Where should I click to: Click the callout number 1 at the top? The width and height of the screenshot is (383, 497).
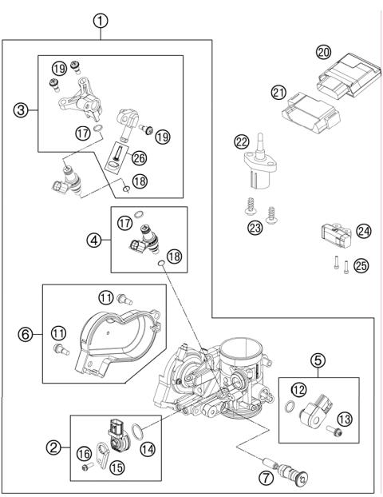coord(101,21)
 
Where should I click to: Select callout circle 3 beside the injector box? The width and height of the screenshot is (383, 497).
coord(22,110)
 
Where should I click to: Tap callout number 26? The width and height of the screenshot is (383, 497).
coord(139,157)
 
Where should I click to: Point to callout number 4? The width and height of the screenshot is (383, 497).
coord(96,238)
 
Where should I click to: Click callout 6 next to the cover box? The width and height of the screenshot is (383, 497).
coord(26,334)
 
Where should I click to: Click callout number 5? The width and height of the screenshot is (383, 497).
coord(318,360)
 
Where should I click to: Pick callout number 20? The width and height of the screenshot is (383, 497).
coord(322,52)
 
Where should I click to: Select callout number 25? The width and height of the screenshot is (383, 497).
coord(361,265)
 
